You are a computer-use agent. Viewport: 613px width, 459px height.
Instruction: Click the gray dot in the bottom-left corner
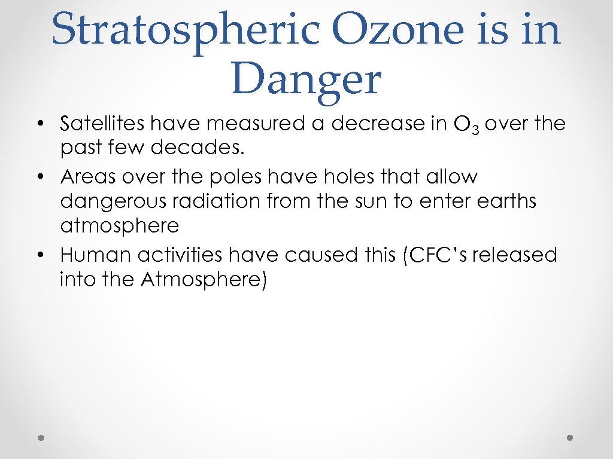[x=41, y=437]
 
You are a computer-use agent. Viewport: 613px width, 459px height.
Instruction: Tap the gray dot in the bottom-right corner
[x=570, y=437]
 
